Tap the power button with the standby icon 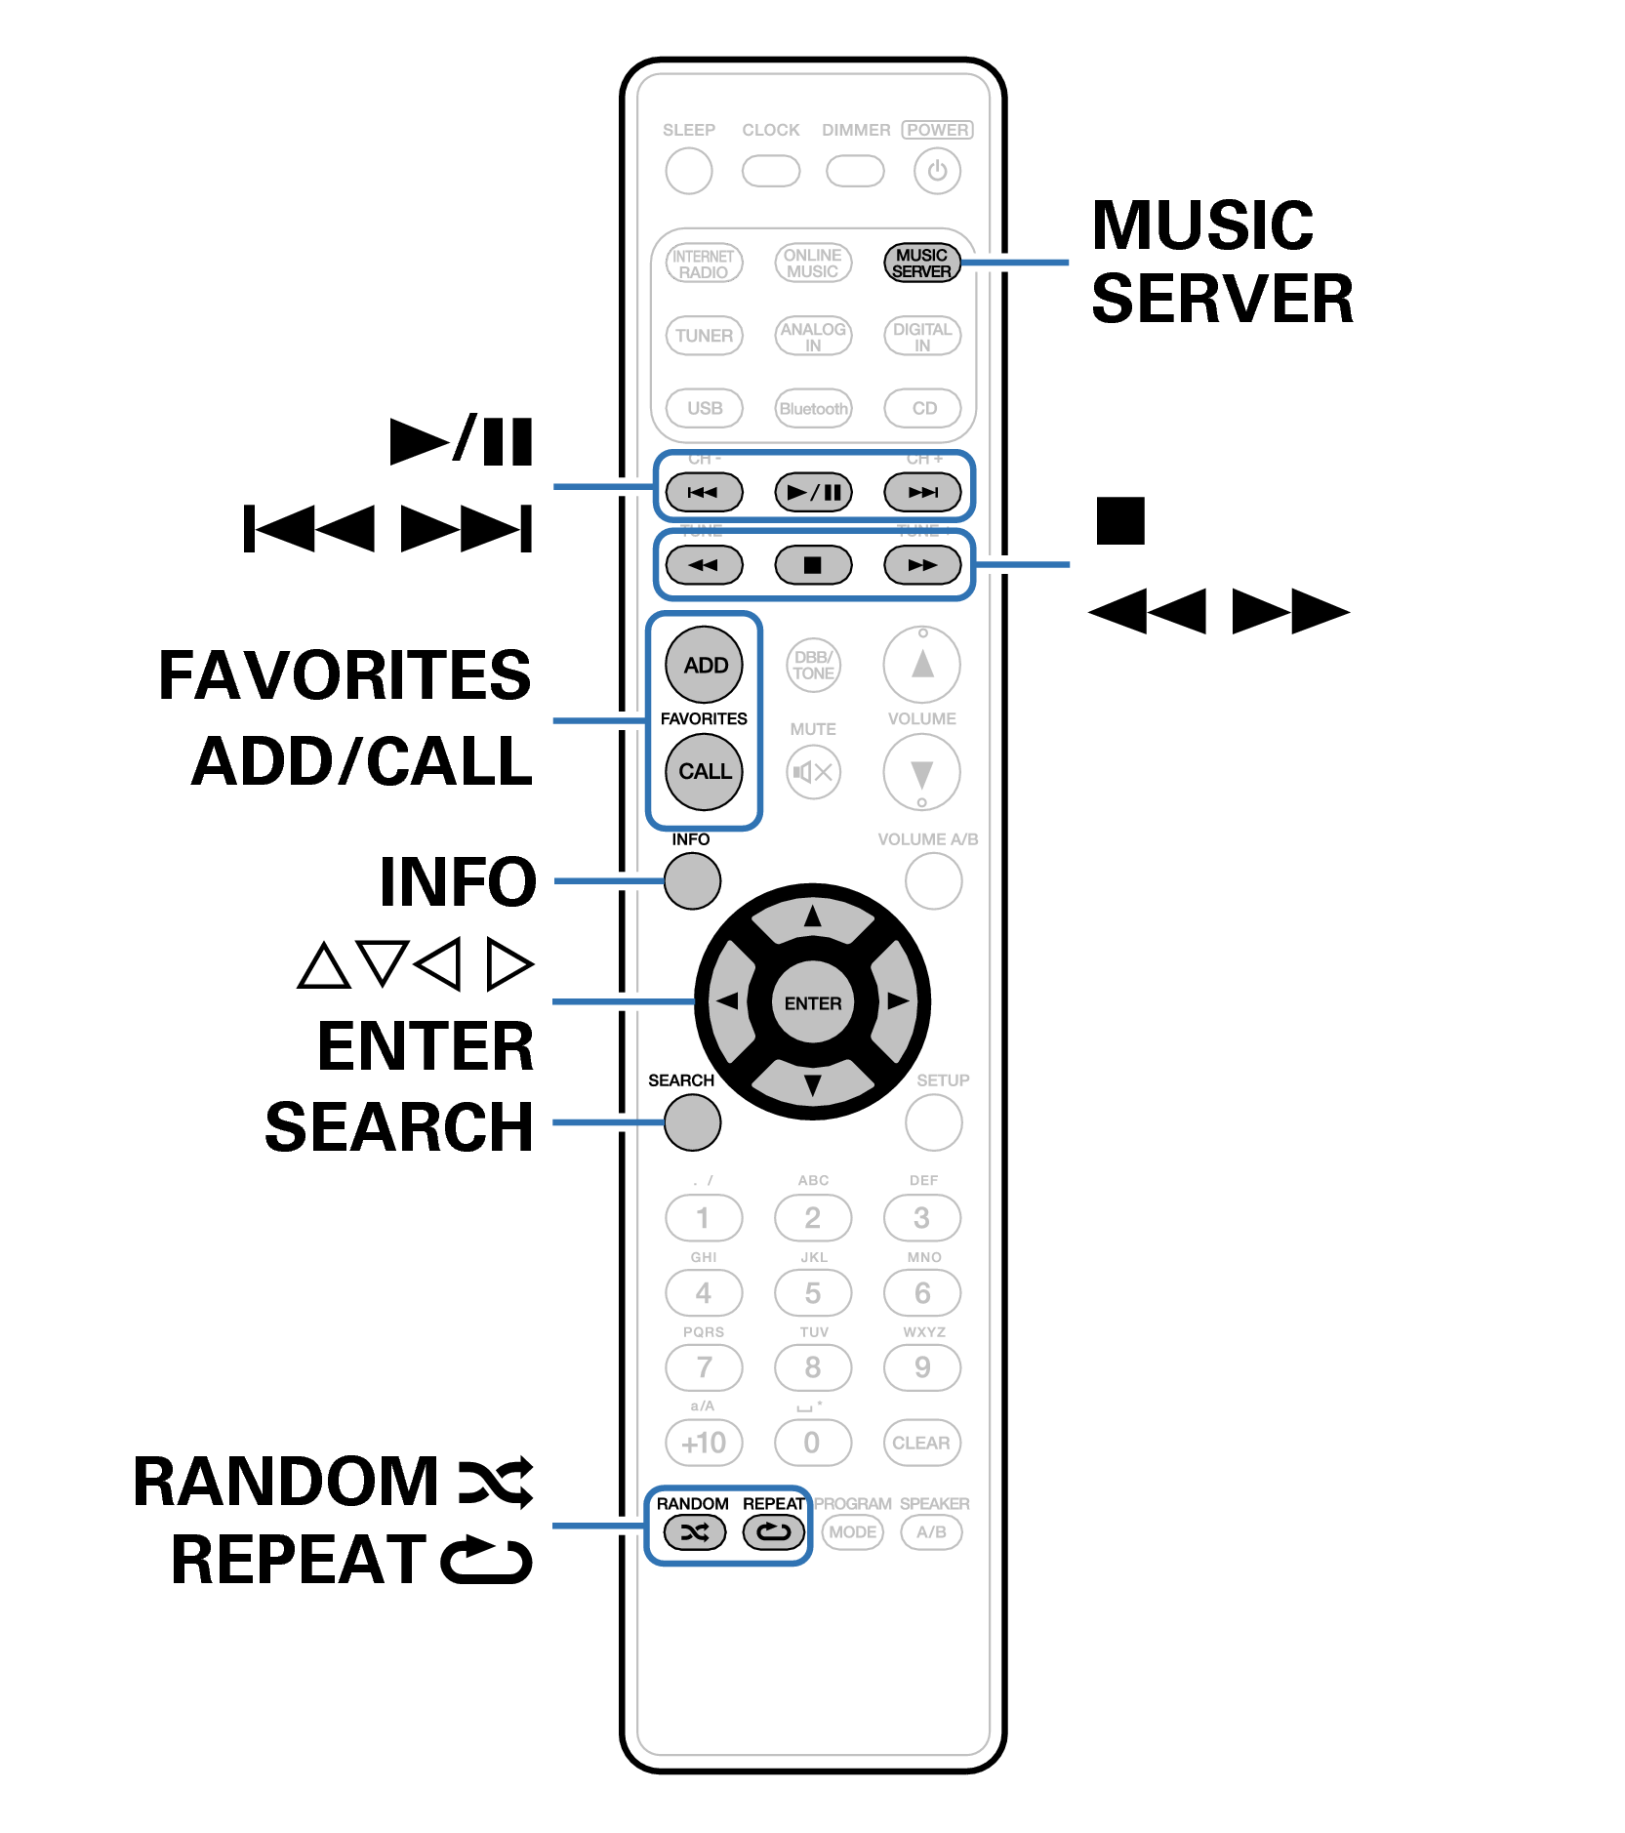[937, 172]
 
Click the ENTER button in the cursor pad [812, 1002]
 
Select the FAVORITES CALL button [704, 771]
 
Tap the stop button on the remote [812, 565]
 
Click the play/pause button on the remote [812, 492]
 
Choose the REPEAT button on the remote [774, 1531]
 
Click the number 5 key [812, 1293]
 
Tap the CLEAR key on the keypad [921, 1443]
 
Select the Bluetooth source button [812, 408]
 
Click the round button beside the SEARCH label [692, 1122]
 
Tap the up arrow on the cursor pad [812, 917]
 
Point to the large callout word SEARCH [399, 1127]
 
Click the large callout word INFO [458, 881]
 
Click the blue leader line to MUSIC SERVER [1015, 263]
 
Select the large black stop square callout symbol [1119, 520]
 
